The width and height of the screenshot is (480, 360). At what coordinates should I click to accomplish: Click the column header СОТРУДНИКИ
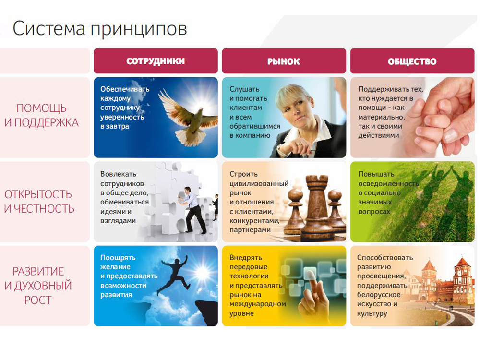pyautogui.click(x=156, y=61)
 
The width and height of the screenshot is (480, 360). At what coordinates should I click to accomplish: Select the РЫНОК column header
pyautogui.click(x=284, y=61)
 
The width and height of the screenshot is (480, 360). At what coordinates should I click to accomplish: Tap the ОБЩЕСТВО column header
pyautogui.click(x=412, y=61)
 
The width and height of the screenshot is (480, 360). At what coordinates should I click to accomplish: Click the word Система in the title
pyautogui.click(x=49, y=29)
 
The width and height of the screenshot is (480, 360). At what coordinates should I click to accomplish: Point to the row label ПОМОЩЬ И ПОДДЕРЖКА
pyautogui.click(x=41, y=115)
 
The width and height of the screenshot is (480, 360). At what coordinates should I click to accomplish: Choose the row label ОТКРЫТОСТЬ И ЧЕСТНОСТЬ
pyautogui.click(x=39, y=202)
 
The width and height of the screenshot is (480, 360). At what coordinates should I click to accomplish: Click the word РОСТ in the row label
pyautogui.click(x=38, y=300)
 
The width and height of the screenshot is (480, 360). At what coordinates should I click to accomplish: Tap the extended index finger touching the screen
pyautogui.click(x=312, y=282)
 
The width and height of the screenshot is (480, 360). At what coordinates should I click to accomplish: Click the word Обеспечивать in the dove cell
pyautogui.click(x=125, y=89)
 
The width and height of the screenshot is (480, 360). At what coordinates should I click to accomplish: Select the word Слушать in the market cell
pyautogui.click(x=244, y=89)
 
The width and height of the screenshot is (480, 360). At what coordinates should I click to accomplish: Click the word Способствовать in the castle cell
pyautogui.click(x=385, y=257)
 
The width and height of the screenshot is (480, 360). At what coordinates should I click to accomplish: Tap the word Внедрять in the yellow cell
pyautogui.click(x=246, y=258)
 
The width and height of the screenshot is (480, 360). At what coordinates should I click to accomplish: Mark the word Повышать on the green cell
pyautogui.click(x=376, y=174)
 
